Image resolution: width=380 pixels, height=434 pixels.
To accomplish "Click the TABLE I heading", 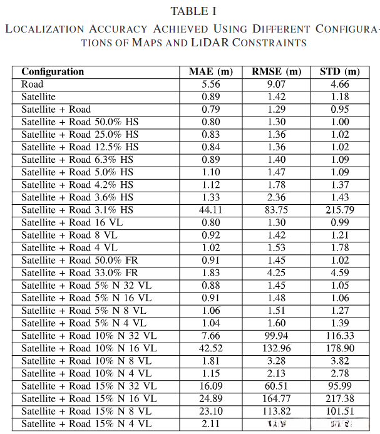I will pyautogui.click(x=190, y=11).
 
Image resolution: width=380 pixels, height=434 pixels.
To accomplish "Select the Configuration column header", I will pyautogui.click(x=53, y=71).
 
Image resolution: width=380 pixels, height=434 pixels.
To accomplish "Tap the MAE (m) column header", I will pyautogui.click(x=210, y=71).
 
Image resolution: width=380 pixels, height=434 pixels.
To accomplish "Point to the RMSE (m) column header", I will pyautogui.click(x=276, y=71).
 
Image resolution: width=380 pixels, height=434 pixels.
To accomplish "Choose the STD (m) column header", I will pyautogui.click(x=339, y=71).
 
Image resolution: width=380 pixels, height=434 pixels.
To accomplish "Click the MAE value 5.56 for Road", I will pyautogui.click(x=210, y=85).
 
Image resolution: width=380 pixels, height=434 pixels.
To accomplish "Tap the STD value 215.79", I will pyautogui.click(x=339, y=210).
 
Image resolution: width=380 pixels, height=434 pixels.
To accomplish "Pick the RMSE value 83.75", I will pyautogui.click(x=276, y=210).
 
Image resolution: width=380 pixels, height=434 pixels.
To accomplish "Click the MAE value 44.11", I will pyautogui.click(x=210, y=210).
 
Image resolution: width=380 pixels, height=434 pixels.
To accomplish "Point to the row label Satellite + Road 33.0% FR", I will pyautogui.click(x=80, y=273).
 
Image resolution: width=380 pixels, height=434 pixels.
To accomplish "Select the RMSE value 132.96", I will pyautogui.click(x=276, y=349).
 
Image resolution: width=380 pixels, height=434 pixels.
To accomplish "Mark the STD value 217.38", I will pyautogui.click(x=339, y=399).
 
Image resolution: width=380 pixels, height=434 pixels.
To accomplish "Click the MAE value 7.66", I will pyautogui.click(x=210, y=336).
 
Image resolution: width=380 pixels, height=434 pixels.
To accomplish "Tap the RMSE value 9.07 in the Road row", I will pyautogui.click(x=276, y=85).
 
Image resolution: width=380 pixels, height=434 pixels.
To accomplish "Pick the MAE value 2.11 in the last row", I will pyautogui.click(x=210, y=425).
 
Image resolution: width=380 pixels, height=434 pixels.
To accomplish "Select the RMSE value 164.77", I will pyautogui.click(x=276, y=399).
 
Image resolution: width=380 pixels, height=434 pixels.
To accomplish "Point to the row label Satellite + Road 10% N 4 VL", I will pyautogui.click(x=86, y=374).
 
